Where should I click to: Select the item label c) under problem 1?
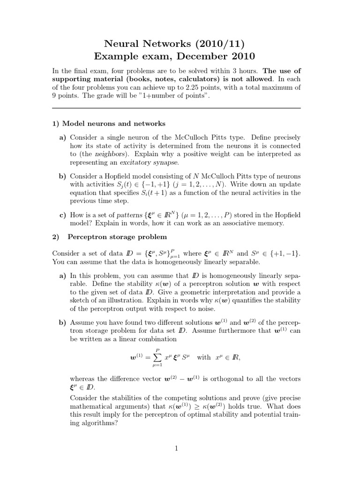62,215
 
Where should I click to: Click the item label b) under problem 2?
62,323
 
